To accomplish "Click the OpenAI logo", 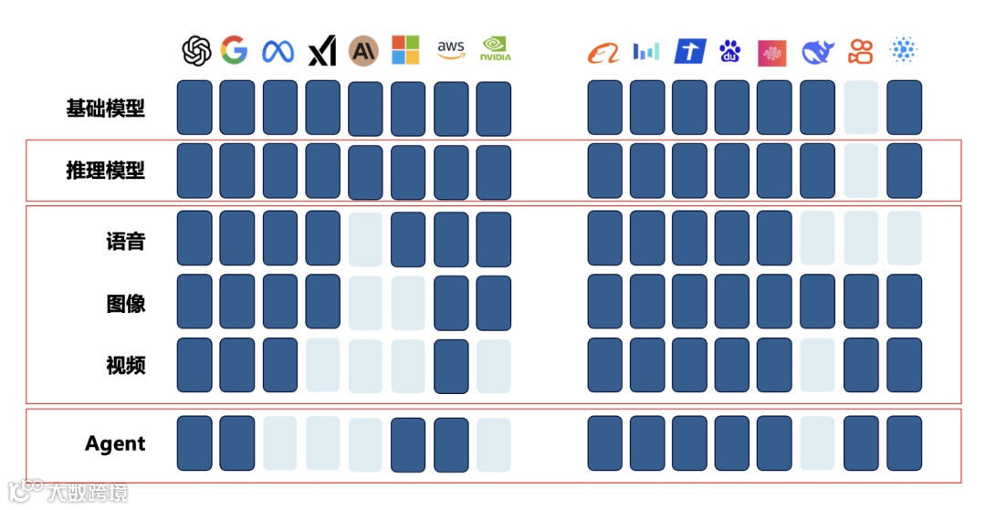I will pos(196,51).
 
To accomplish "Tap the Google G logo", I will pos(235,50).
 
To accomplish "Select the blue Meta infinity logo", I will pos(278,51).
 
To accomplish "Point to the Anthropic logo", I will pos(363,51).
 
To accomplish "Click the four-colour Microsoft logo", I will pos(405,50).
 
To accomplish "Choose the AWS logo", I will pos(451,50).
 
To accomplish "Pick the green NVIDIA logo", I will pos(496,50).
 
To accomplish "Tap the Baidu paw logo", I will pos(729,51).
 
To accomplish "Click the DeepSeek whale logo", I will pos(818,52).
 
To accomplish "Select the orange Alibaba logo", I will pos(603,52).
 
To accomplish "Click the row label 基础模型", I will pos(106,108).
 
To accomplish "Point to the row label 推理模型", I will pos(106,170).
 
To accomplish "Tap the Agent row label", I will pos(115,443).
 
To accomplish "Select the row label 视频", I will pos(126,365).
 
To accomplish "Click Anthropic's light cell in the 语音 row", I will pos(365,239).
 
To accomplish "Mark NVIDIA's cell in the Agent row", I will pos(494,444).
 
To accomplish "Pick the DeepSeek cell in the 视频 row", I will pos(818,365).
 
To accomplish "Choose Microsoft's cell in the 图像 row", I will pos(408,302).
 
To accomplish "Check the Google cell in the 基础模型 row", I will pos(237,108).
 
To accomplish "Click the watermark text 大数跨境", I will pos(89,493).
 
